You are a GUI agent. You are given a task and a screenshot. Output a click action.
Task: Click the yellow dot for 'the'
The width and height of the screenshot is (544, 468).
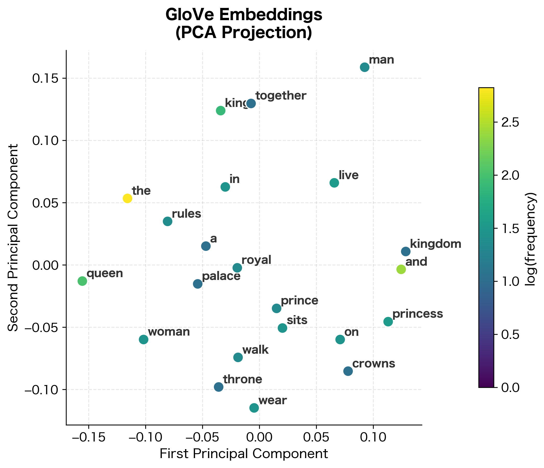[127, 198]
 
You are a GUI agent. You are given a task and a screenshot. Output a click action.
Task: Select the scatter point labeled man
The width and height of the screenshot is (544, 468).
[365, 67]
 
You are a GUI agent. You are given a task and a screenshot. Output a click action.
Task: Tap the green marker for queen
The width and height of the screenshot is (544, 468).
[82, 281]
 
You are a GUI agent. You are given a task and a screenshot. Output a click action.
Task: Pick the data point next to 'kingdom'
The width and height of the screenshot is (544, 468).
[406, 251]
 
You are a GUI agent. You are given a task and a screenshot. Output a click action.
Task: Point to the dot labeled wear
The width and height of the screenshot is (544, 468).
[254, 408]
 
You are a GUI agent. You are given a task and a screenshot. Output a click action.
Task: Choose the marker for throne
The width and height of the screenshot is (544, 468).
[219, 387]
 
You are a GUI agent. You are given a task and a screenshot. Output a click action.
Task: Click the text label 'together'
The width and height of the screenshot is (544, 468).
[281, 96]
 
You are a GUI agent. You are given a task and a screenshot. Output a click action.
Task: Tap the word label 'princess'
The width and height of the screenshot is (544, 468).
[417, 314]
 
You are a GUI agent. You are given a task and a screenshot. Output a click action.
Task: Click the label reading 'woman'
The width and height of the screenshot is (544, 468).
[168, 332]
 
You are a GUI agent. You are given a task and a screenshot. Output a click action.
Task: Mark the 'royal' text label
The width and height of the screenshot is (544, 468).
[256, 260]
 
